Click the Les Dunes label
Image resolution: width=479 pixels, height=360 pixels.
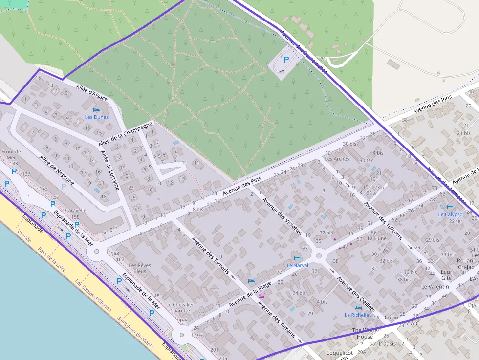coord(97,117)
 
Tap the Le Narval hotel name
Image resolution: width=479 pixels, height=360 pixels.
coord(297,266)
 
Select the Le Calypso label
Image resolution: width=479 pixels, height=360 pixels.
coord(450,214)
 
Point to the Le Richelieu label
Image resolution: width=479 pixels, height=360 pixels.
coord(358,315)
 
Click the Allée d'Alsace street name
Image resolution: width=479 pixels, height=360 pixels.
coord(91,93)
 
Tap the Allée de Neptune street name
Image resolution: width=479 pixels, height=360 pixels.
coord(57,170)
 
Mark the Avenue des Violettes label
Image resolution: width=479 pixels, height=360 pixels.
coord(282,216)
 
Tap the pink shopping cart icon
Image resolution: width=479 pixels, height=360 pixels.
coord(261,296)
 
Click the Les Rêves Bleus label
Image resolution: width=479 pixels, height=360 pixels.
coord(140,268)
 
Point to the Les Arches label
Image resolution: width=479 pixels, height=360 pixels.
coord(337,159)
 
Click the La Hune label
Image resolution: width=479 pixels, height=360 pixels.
coord(376,239)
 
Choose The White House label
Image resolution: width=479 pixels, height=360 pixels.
coord(365,334)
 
